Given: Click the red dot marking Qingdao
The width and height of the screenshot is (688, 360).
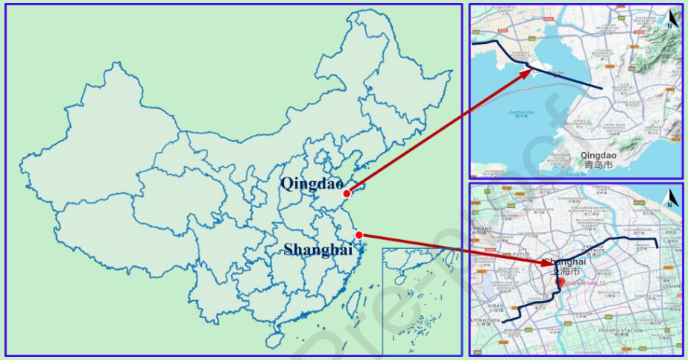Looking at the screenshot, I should coord(347,194).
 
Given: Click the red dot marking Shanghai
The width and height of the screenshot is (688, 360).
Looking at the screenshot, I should coord(359,236).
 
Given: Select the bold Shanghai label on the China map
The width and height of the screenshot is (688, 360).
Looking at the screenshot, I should coord(318,250).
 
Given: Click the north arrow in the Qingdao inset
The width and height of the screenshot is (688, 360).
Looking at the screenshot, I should coord(670,19).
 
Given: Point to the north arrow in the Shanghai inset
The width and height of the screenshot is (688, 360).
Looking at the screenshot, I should coord(670,198).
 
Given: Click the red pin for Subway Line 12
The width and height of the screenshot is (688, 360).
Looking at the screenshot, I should coord(561,282).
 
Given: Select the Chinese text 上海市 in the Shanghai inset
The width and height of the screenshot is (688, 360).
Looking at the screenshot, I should coord(564,272).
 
